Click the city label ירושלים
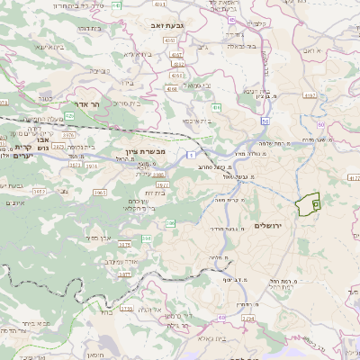pyautogui.click(x=269, y=224)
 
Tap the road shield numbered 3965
pyautogui.click(x=101, y=192)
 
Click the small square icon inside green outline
pyautogui.click(x=315, y=205)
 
